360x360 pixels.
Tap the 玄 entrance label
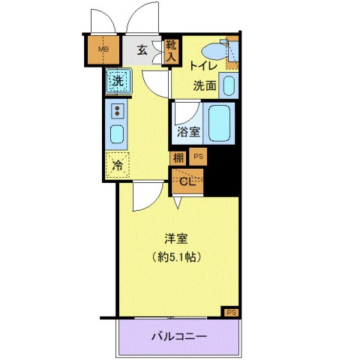point(142,51)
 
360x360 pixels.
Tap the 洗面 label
point(205,85)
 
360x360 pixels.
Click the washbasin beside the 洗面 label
point(229,84)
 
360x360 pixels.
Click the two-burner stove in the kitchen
point(117,112)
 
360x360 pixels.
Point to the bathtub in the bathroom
point(220,123)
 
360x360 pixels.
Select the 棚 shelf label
point(178,157)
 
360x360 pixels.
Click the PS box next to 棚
point(199,157)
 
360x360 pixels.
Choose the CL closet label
point(187,180)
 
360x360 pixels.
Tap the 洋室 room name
point(177,240)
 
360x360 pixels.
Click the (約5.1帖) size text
point(177,256)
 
